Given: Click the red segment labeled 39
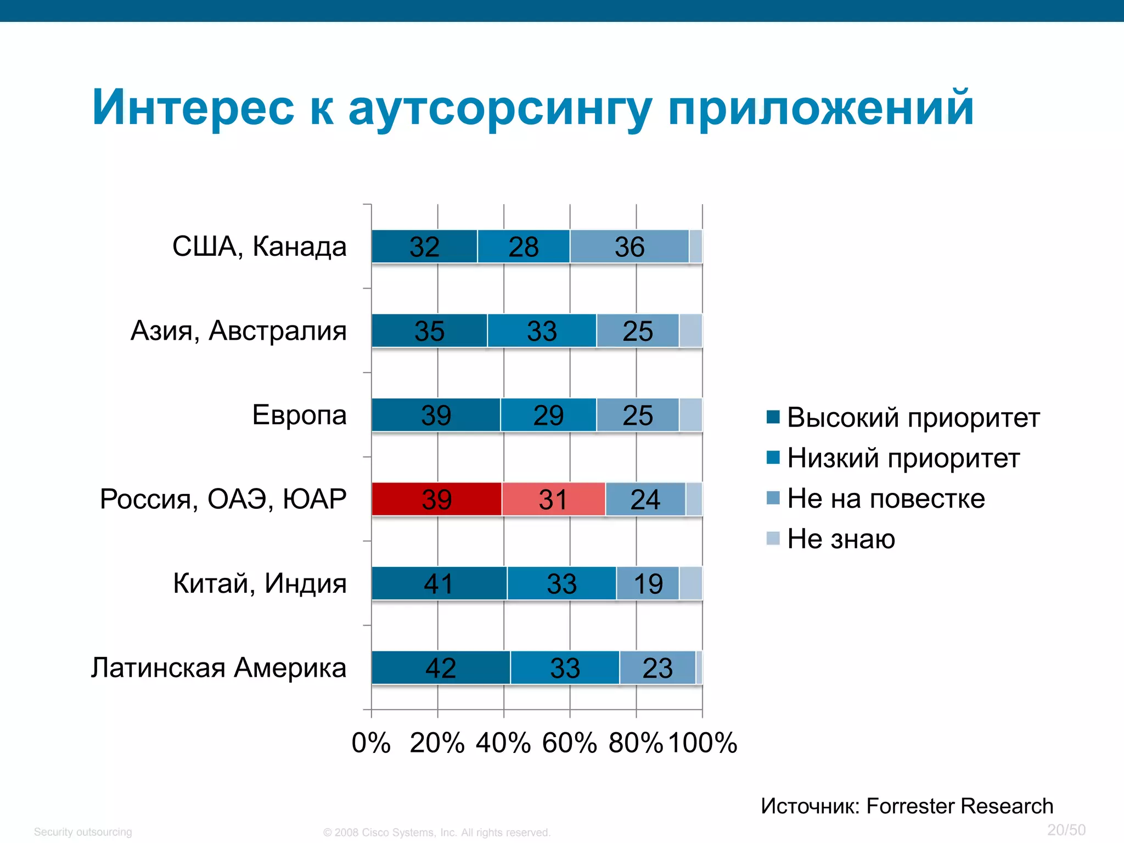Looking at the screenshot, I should pos(436,499).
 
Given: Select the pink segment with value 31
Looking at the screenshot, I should pos(553,499).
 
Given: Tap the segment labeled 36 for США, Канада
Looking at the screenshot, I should pos(629,246).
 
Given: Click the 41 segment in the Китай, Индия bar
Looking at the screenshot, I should pos(439,583).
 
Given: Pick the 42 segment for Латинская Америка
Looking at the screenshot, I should pos(440,667).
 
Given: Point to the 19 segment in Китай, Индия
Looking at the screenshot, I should pos(648,583).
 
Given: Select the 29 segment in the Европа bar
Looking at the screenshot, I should pos(548,415).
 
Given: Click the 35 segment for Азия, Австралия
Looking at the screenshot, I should pos(429,330).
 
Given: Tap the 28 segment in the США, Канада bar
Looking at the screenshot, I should pos(523,246).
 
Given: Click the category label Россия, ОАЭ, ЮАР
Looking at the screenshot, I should pos(223,499).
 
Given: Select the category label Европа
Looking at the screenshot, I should pos(299,415).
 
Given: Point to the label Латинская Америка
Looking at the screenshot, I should pos(218,667).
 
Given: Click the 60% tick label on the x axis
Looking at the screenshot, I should pos(569,743).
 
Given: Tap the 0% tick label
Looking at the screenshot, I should pos(371,743).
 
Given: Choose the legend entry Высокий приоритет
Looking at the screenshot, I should pos(913,418).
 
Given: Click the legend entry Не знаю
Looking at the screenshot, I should pos(841,538).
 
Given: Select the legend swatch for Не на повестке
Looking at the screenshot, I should pos(773,498).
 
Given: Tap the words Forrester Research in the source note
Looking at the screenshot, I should pos(959,806).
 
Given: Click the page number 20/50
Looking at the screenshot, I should pos(1066,830).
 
